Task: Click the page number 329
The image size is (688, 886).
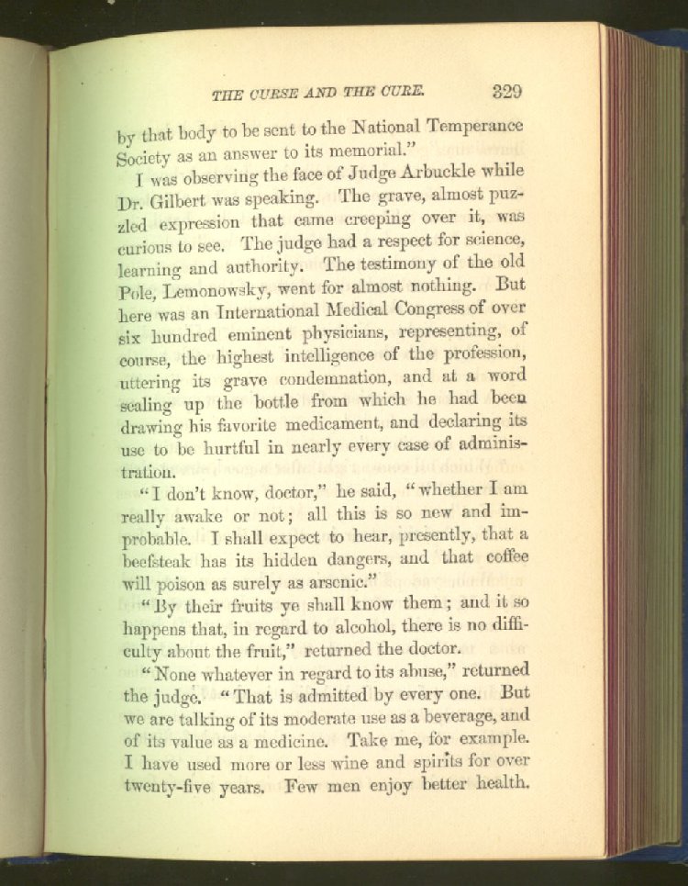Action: click(x=506, y=91)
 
